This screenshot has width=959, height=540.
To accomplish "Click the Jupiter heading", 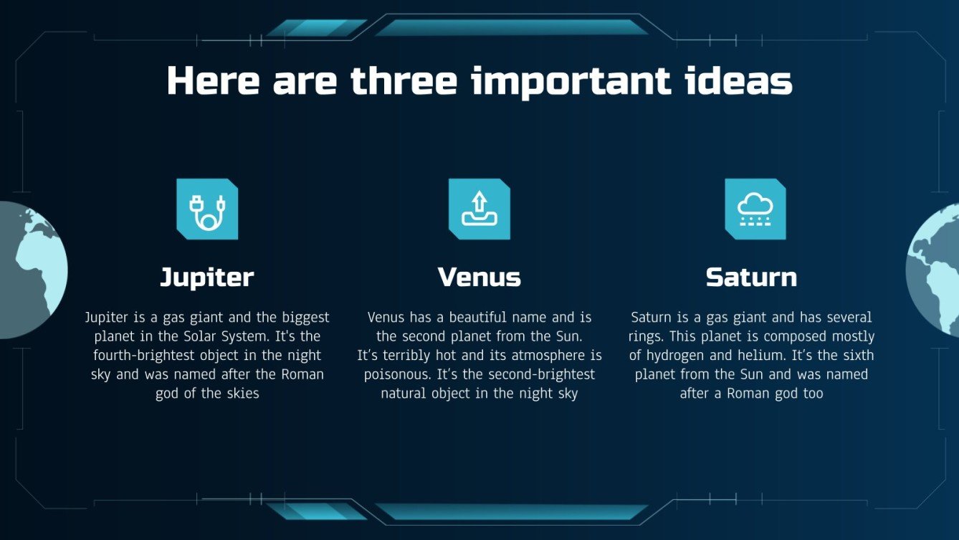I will [x=206, y=278].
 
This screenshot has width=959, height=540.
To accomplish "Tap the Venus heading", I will [x=479, y=278].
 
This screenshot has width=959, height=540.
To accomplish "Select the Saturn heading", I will [x=751, y=278].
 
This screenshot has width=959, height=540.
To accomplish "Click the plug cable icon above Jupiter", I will [x=207, y=209].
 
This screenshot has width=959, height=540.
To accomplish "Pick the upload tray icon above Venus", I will [x=479, y=209].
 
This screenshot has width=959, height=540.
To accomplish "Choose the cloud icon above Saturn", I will [x=755, y=209].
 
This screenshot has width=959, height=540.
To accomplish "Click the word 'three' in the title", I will [x=404, y=81].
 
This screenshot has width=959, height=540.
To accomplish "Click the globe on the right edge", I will [x=933, y=270].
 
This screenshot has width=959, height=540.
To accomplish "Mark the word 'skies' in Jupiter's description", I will [x=242, y=394].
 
